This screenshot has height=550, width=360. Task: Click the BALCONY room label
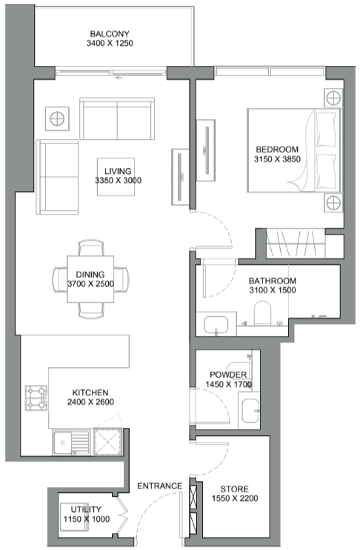tap(110, 34)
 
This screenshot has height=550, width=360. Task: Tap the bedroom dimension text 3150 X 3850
tap(277, 159)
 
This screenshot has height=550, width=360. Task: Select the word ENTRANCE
tap(160, 486)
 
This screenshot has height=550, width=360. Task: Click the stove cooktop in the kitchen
tap(36, 398)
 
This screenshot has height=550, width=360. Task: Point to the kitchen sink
tap(71, 442)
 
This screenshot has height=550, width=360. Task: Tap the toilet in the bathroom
tap(262, 312)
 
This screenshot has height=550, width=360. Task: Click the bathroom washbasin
tap(216, 326)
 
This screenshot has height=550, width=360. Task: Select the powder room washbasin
tap(250, 411)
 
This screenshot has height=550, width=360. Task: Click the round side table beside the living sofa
tap(57, 118)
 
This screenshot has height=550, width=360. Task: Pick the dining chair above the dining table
tap(91, 248)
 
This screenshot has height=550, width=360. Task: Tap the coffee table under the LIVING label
tap(116, 177)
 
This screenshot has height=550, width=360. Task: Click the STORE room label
tap(234, 489)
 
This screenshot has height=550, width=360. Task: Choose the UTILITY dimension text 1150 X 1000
tap(87, 519)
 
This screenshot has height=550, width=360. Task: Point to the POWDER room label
tap(228, 375)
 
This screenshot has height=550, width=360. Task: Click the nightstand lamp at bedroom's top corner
tap(333, 98)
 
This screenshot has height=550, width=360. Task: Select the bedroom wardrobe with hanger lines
tap(296, 244)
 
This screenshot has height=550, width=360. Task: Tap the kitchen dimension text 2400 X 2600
tap(90, 402)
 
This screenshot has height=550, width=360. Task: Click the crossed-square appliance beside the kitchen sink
tap(108, 442)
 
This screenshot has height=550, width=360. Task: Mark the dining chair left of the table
tap(60, 279)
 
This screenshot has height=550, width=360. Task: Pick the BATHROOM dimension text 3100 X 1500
tap(273, 290)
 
